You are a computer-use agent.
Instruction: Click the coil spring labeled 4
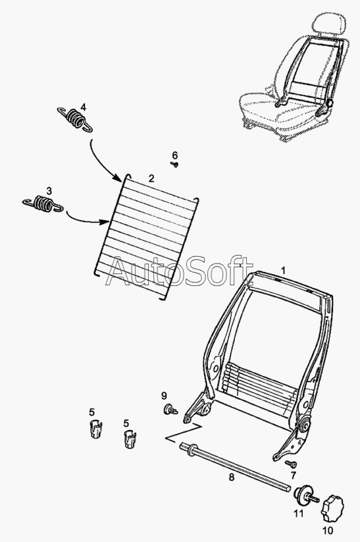pyautogui.click(x=74, y=119)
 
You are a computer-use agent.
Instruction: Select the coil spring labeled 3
pyautogui.click(x=43, y=204)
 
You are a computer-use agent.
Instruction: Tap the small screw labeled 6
pyautogui.click(x=175, y=165)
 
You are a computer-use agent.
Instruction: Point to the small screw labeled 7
pyautogui.click(x=291, y=463)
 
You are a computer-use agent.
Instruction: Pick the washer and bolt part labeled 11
pyautogui.click(x=305, y=495)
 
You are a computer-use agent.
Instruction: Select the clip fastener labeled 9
pyautogui.click(x=170, y=409)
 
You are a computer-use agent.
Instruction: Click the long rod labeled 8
pyautogui.click(x=236, y=466)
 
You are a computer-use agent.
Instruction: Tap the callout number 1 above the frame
pyautogui.click(x=283, y=270)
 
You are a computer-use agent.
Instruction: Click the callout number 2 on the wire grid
pyautogui.click(x=151, y=178)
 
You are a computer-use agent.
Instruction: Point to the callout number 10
pyautogui.click(x=328, y=530)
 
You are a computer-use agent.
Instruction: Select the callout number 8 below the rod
pyautogui.click(x=232, y=477)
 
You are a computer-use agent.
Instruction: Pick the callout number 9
pyautogui.click(x=164, y=395)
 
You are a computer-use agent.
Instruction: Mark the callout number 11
pyautogui.click(x=299, y=514)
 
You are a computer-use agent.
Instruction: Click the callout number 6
pyautogui.click(x=175, y=155)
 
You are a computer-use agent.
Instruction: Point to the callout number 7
pyautogui.click(x=294, y=475)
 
